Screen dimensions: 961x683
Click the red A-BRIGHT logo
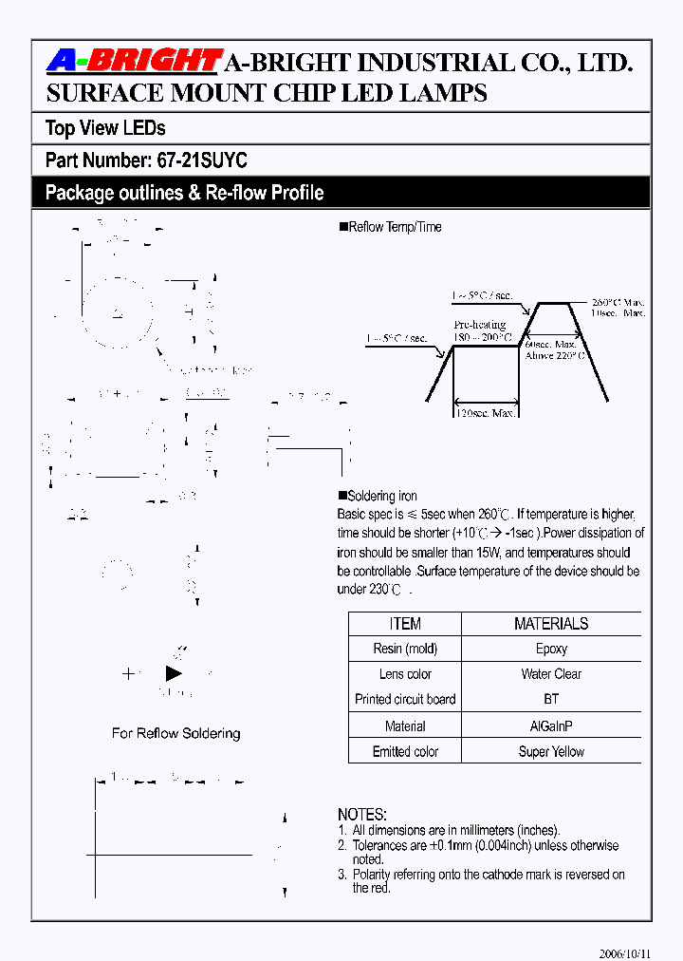(134, 62)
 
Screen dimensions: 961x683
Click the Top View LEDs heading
(105, 128)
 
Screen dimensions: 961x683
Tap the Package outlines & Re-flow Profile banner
(185, 193)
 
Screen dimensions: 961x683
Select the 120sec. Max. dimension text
(486, 414)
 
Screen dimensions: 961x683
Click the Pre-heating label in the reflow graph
(479, 325)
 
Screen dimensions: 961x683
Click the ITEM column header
(405, 624)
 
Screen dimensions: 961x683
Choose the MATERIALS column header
(551, 624)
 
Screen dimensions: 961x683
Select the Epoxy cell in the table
(551, 649)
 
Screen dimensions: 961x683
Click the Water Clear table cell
(551, 674)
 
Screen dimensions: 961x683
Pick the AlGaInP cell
(551, 726)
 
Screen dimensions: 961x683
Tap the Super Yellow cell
(551, 751)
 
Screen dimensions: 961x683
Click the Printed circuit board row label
(405, 699)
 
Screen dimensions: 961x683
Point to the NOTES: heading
(362, 815)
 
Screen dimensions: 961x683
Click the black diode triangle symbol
(174, 673)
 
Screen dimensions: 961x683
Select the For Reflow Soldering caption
(175, 733)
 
